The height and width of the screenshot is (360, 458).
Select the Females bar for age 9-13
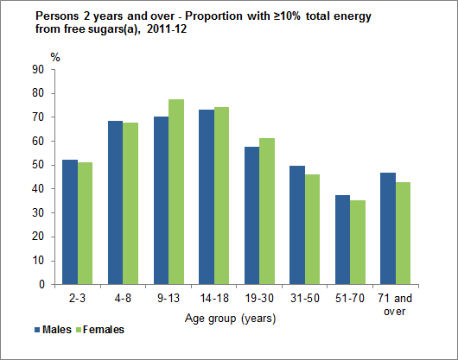pyautogui.click(x=175, y=192)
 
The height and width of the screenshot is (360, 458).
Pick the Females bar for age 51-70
pyautogui.click(x=359, y=243)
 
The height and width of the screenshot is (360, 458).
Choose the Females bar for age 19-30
pyautogui.click(x=267, y=212)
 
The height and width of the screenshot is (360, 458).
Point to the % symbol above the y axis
pyautogui.click(x=55, y=56)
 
